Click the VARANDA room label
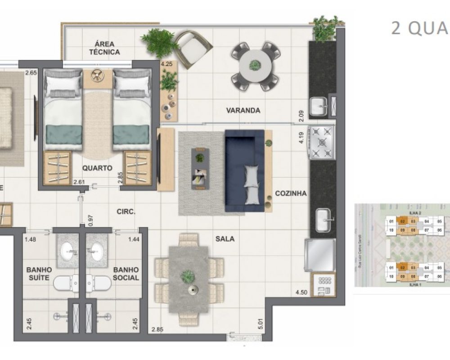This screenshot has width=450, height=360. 243,110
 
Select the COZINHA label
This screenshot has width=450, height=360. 291,193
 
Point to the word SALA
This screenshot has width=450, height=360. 225,239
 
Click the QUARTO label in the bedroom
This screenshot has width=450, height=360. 97,168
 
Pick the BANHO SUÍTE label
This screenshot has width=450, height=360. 39,274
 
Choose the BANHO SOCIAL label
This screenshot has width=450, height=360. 126,274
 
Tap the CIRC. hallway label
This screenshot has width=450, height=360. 126,211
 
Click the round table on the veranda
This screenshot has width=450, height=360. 255,66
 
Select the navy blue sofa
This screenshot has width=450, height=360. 244,171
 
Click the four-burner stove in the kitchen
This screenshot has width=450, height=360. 322,142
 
